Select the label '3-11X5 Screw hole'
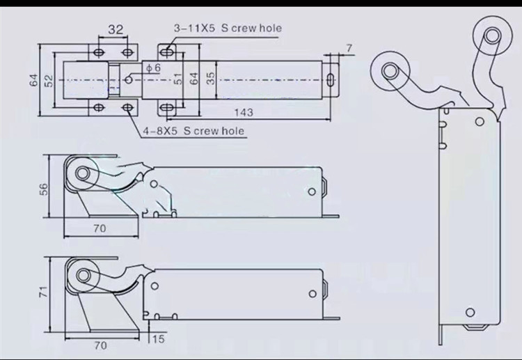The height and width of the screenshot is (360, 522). [x=228, y=29]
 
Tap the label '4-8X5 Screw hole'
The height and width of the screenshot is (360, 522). [x=193, y=130]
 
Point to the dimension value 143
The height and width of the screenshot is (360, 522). [x=243, y=112]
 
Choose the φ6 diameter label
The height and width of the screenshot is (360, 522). [x=153, y=67]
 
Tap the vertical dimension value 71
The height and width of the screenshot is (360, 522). [x=44, y=293]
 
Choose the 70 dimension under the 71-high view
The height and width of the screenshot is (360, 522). [x=100, y=345]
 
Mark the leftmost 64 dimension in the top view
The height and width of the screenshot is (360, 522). [x=33, y=79]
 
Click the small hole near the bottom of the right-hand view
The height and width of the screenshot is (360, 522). [x=469, y=311]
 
